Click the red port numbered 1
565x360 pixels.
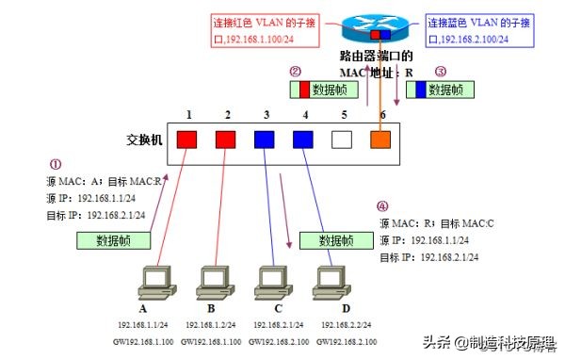click(188, 139)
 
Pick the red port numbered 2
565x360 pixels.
click(227, 139)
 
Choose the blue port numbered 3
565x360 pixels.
click(265, 139)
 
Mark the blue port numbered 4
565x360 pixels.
click(302, 139)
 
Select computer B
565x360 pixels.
click(214, 282)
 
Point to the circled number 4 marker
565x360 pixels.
click(381, 206)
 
